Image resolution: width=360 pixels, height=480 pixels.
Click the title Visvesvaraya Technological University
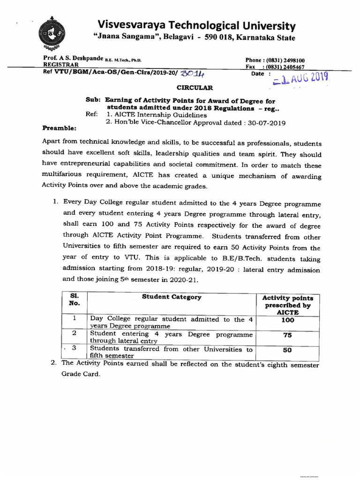tap(196, 25)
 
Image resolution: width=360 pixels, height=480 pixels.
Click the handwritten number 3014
tap(189, 74)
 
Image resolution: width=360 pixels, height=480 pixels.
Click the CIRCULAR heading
tap(194, 87)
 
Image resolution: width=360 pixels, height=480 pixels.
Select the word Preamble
tap(59, 127)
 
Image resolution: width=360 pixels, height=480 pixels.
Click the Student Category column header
tap(172, 297)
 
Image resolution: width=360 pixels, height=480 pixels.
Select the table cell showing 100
tap(288, 320)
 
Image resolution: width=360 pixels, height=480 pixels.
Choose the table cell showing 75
tap(288, 336)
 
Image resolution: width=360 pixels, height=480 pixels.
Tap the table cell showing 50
tap(288, 350)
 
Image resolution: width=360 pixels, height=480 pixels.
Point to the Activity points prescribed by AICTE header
tap(288, 305)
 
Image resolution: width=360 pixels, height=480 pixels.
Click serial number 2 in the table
tap(74, 333)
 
